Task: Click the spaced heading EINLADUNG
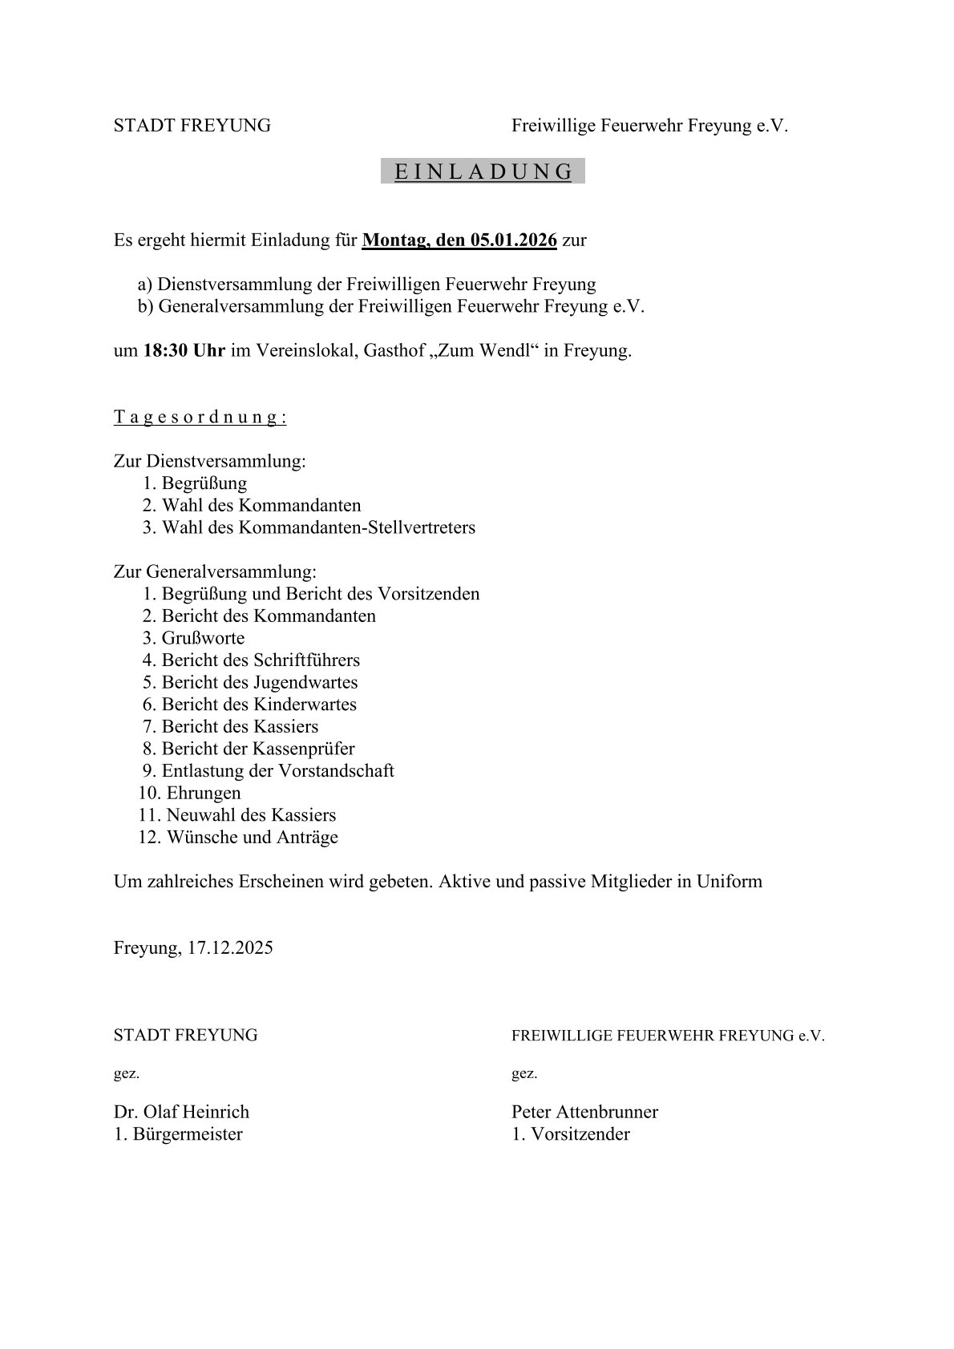(x=483, y=172)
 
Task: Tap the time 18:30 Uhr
(x=184, y=351)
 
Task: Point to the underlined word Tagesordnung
(x=200, y=417)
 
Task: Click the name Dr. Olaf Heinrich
(x=181, y=1112)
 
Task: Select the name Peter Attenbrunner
(x=584, y=1112)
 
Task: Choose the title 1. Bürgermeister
(x=178, y=1134)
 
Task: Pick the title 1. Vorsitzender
(x=571, y=1134)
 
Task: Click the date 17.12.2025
(x=231, y=948)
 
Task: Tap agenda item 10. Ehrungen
(x=189, y=794)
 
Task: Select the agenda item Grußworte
(x=203, y=639)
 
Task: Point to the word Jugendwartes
(x=305, y=683)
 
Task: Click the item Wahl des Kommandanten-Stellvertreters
(x=318, y=528)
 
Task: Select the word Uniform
(x=729, y=882)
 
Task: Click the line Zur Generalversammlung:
(x=215, y=572)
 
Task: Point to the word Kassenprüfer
(x=304, y=749)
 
